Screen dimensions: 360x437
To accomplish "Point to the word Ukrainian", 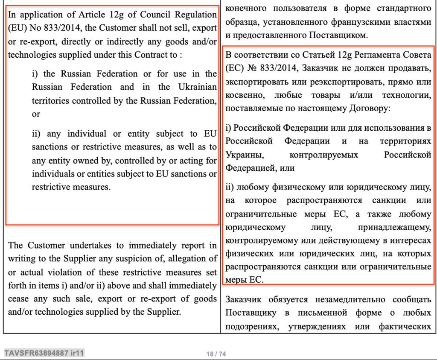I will click(x=198, y=87).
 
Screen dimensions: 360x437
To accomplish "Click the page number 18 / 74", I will click(x=216, y=354).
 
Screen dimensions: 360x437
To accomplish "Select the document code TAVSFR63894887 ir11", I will click(x=44, y=353).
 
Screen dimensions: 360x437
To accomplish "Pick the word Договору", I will click(x=367, y=108).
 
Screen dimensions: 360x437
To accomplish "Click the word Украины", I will click(x=241, y=154).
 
